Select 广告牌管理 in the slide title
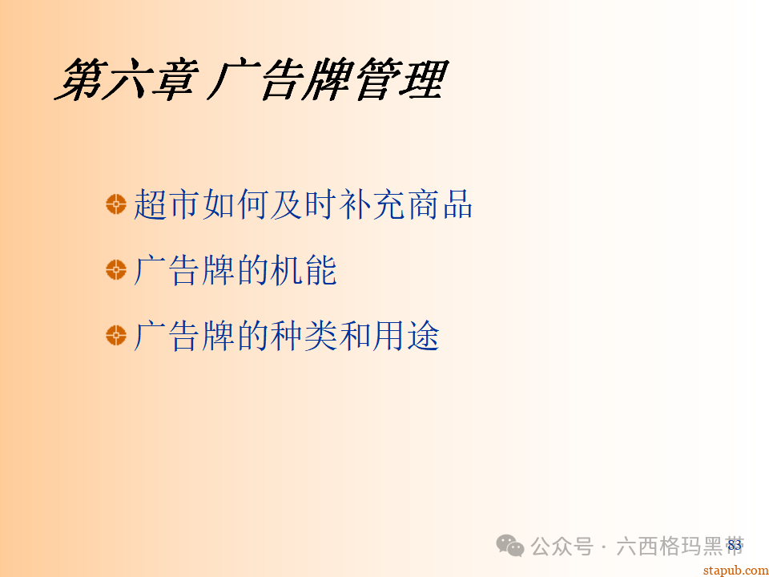328,81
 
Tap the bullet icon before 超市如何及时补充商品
116,204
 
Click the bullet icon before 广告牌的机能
116,270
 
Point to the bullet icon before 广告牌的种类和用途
116,336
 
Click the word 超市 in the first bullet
167,204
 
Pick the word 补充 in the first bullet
371,204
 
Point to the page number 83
735,545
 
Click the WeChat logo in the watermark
511,546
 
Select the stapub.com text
735,569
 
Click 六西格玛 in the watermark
658,547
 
